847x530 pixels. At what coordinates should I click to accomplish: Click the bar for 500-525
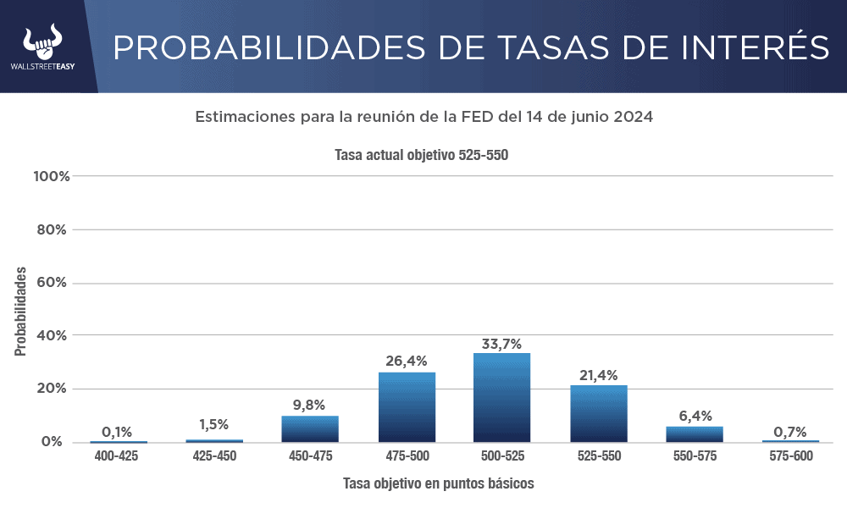(501, 397)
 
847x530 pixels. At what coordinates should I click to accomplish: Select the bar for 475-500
(407, 407)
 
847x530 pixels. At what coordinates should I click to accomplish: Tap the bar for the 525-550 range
(598, 413)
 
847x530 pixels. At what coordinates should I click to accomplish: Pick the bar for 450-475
(310, 429)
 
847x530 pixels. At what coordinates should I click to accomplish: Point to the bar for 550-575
(695, 433)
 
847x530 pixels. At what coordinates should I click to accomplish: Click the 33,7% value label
(501, 343)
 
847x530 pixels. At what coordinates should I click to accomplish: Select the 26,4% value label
(407, 362)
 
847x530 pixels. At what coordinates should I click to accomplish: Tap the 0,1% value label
(117, 432)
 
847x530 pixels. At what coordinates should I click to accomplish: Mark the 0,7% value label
(789, 432)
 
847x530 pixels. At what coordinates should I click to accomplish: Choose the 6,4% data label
(695, 416)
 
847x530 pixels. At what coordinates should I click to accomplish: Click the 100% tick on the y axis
(51, 176)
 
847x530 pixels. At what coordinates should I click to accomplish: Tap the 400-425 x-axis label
(117, 455)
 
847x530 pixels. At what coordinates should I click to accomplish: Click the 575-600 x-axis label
(789, 455)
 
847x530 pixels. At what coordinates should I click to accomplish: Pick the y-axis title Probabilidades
(20, 311)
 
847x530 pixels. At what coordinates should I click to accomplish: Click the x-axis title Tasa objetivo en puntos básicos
(438, 483)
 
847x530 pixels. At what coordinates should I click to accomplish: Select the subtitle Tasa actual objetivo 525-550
(421, 156)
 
